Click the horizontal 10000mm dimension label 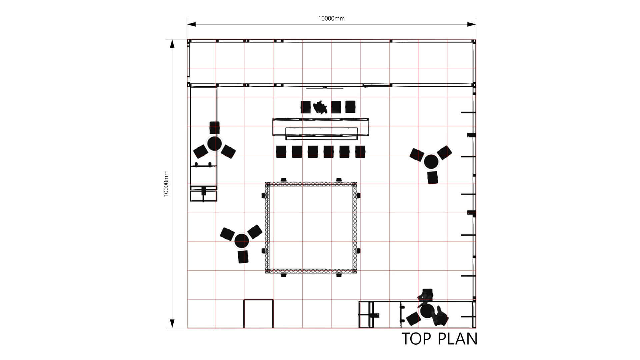point(331,19)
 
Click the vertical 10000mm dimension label point(166,184)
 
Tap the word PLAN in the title point(457,339)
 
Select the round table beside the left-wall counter point(214,144)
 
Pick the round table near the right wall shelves point(431,162)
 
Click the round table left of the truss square point(242,241)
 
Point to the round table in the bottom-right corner point(427,311)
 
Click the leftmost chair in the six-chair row point(281,152)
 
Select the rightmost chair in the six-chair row point(360,152)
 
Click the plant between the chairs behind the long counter point(320,107)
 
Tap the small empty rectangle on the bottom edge point(258,314)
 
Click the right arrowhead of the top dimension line point(472,24)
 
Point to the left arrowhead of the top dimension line point(191,24)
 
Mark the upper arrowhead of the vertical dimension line point(172,44)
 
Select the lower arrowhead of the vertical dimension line point(172,324)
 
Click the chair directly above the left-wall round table point(215,128)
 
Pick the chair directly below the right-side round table point(433,178)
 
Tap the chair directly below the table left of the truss point(243,257)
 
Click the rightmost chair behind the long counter point(350,107)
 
